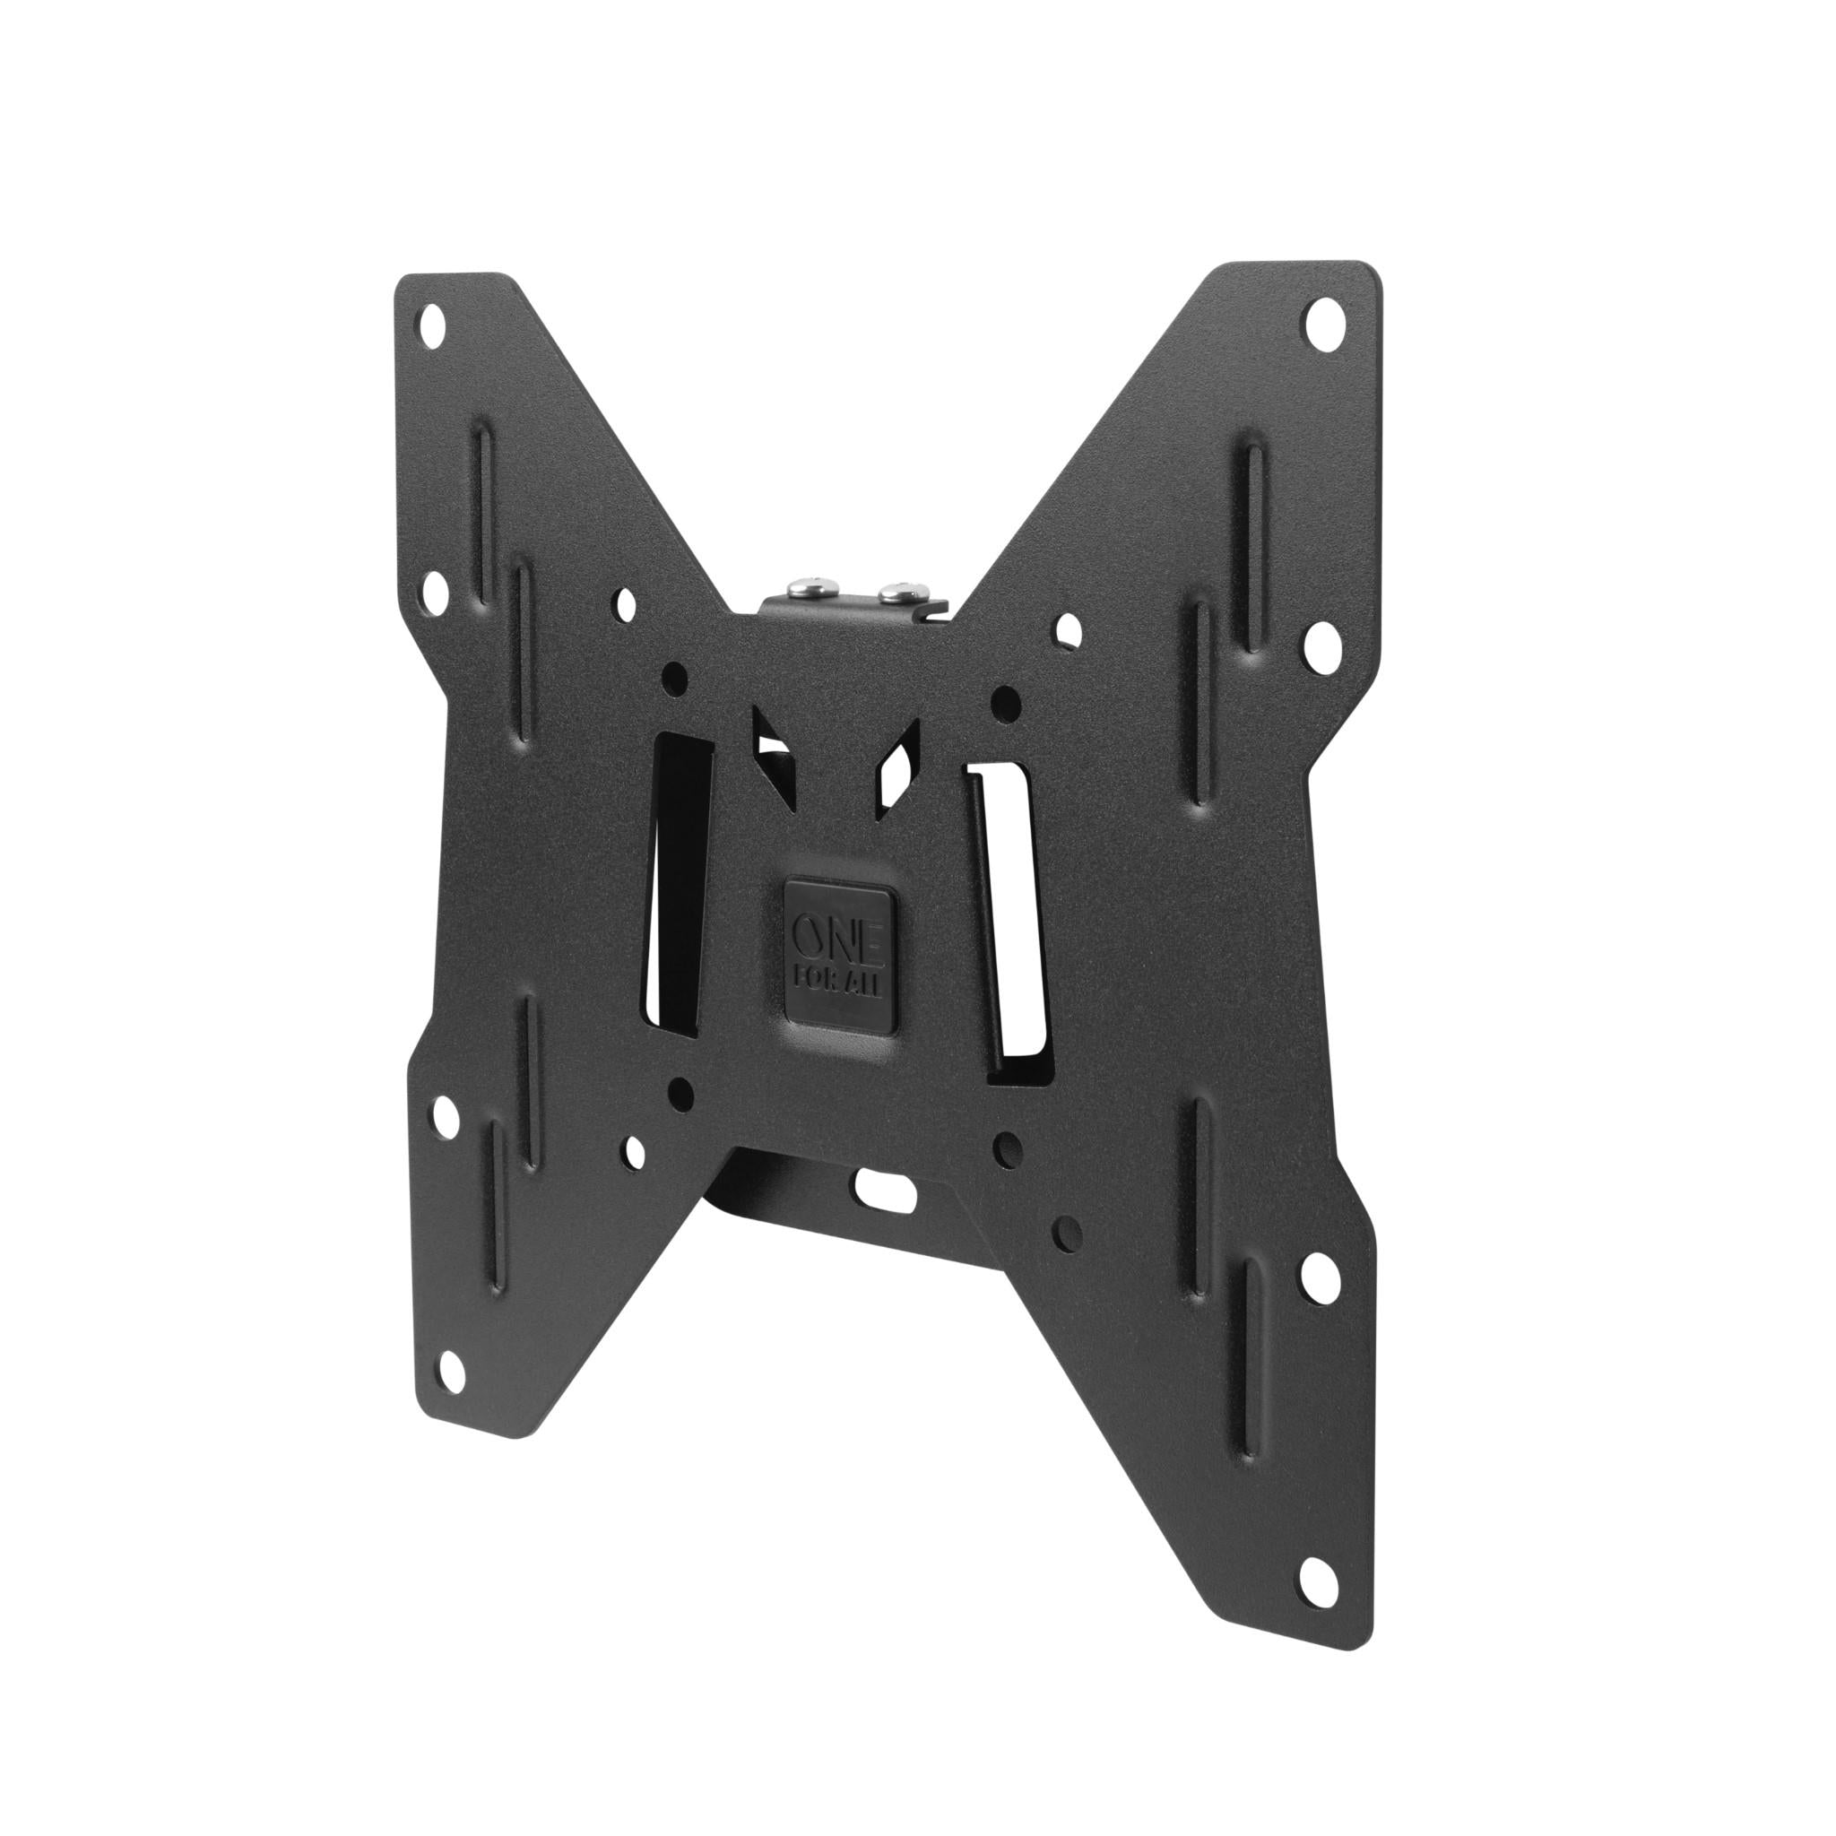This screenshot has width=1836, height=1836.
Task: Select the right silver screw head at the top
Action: click(x=894, y=596)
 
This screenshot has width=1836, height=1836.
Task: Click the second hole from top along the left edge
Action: click(x=438, y=591)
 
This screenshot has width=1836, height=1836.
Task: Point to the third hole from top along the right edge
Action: click(x=1317, y=1272)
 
